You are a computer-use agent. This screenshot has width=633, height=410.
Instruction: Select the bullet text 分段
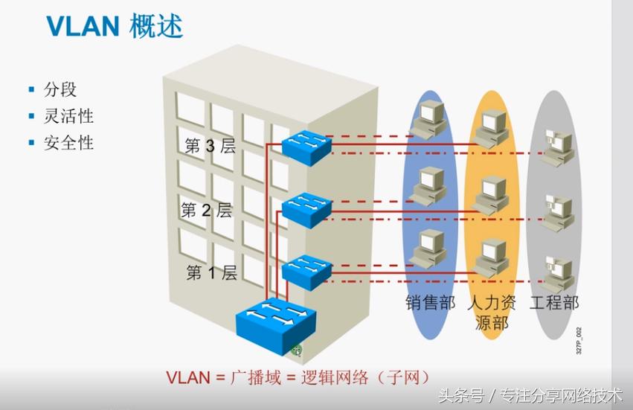[x=60, y=90]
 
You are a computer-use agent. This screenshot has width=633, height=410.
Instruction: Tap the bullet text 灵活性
[x=68, y=116]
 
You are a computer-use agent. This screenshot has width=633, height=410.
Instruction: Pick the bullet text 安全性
[x=68, y=142]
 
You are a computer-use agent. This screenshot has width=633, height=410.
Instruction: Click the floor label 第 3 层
[x=211, y=146]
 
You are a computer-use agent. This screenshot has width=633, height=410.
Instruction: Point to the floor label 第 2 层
[x=207, y=210]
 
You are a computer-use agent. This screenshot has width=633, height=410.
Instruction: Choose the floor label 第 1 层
[x=211, y=273]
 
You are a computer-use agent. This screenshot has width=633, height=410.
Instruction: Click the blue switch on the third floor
[x=306, y=146]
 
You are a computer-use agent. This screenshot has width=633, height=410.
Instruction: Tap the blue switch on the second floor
[x=306, y=209]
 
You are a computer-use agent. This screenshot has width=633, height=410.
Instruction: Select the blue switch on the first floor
[x=306, y=272]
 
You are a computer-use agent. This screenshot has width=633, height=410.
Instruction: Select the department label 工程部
[x=554, y=303]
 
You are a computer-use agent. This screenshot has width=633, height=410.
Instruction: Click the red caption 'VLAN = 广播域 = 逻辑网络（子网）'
[x=298, y=377]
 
